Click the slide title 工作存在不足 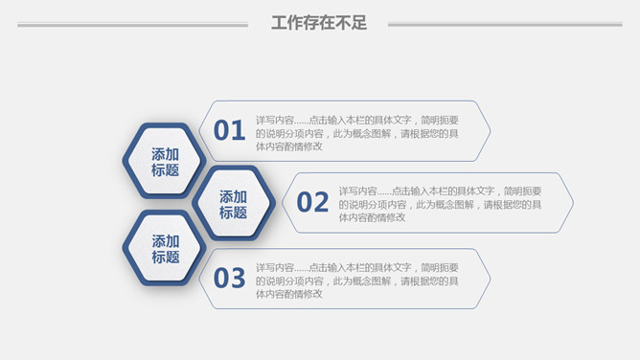tap(319, 24)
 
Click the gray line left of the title tap(134, 25)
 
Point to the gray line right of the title tap(505, 25)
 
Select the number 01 tap(230, 130)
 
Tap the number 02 tap(312, 202)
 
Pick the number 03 tap(230, 279)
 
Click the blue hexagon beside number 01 tap(165, 161)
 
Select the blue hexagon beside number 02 tap(234, 203)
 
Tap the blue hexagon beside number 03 tap(165, 248)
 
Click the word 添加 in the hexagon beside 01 tap(165, 153)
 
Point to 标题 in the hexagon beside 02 tap(234, 213)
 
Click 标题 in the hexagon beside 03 tap(165, 257)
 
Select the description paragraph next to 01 tap(356, 133)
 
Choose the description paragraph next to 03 tap(356, 281)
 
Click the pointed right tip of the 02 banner tap(572, 203)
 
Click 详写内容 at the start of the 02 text tap(356, 191)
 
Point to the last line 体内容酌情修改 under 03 tap(288, 294)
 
